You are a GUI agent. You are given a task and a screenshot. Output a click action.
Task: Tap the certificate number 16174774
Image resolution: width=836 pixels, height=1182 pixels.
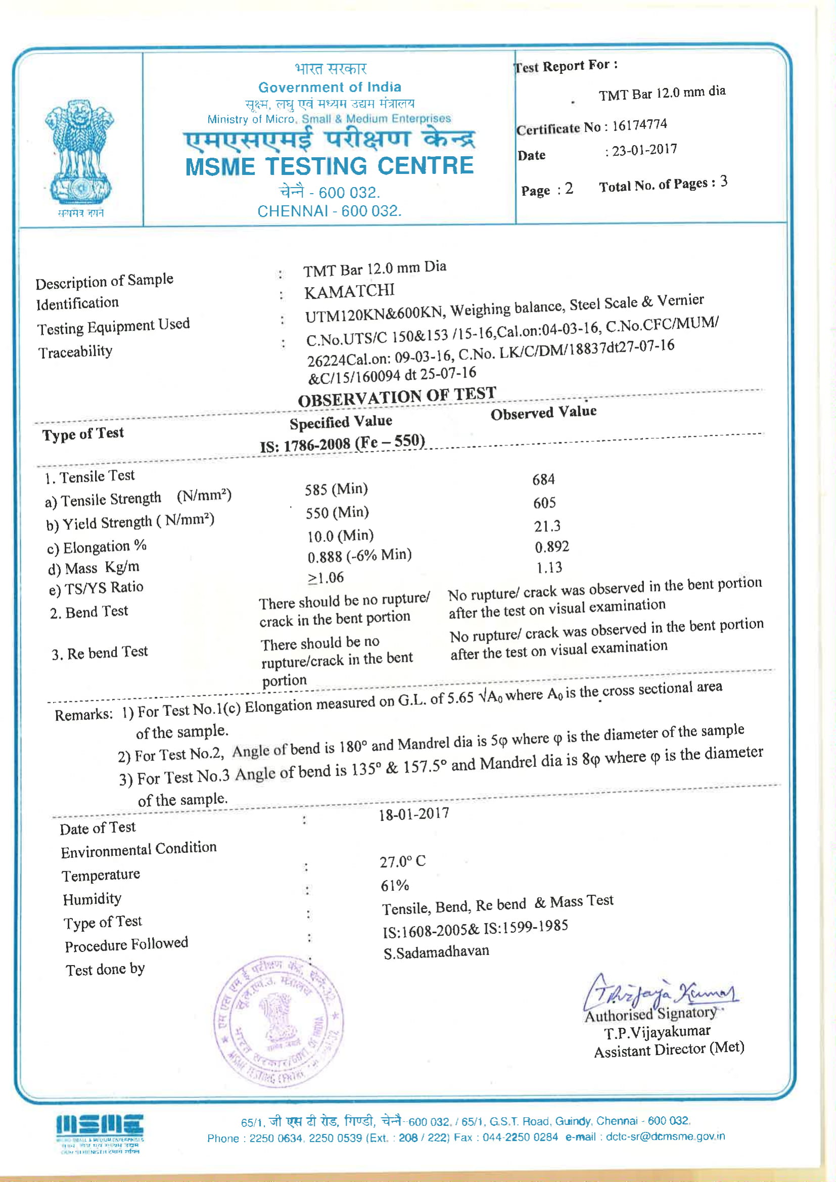tap(639, 125)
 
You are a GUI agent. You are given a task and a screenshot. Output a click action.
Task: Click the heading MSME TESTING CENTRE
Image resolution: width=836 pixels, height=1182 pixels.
tap(330, 166)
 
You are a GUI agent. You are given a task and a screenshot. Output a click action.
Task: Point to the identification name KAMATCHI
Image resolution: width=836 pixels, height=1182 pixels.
tap(349, 291)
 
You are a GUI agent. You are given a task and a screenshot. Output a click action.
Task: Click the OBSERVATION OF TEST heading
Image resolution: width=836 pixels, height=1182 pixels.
tap(397, 396)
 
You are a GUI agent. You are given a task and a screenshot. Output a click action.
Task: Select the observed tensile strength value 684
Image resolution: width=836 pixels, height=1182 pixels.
tap(543, 479)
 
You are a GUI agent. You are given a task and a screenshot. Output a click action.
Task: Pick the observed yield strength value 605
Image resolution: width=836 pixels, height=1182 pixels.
tap(544, 503)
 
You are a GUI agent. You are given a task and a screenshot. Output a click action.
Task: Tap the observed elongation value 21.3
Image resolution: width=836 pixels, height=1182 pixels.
tap(547, 526)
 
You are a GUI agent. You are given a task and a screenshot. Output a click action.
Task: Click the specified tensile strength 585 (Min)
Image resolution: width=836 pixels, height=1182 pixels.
tap(336, 488)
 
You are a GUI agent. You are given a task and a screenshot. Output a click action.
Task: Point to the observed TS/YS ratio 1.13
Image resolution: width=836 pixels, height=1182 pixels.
tap(549, 567)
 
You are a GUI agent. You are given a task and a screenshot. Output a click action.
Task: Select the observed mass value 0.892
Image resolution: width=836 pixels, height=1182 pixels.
tap(551, 546)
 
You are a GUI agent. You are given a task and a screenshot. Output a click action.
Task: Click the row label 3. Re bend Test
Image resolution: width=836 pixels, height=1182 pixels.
tap(100, 653)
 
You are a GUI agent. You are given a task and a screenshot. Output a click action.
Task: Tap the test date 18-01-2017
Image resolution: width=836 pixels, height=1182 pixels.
tap(414, 814)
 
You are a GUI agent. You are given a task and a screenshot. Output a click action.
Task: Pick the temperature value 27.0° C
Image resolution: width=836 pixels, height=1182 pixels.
tap(402, 861)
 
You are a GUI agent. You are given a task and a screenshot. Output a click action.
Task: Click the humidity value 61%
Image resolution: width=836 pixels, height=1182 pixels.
tap(395, 885)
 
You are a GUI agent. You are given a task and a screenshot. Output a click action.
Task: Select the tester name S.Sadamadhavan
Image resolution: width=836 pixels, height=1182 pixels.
tap(436, 952)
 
